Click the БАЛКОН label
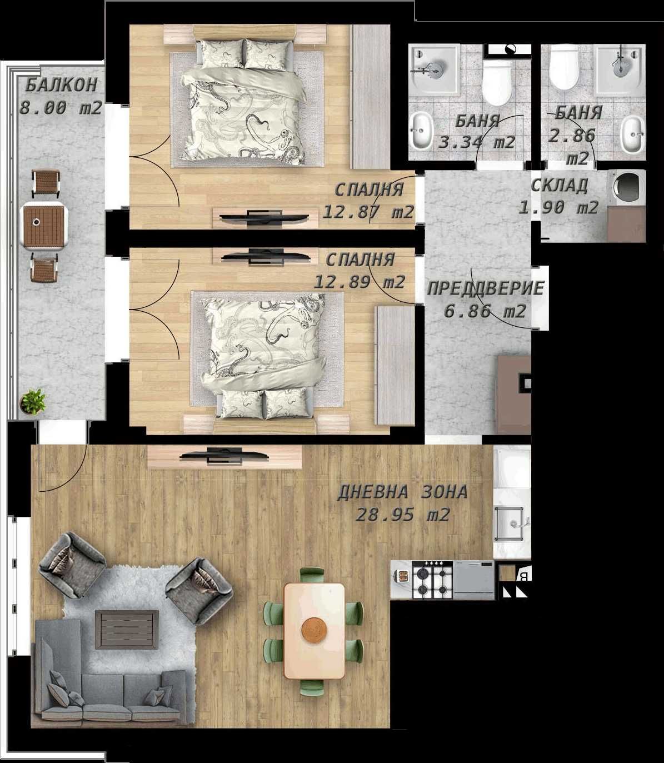point(61,85)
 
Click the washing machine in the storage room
point(627,186)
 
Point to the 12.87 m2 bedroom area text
point(368,212)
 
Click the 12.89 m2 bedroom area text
point(360,282)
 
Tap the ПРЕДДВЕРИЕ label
point(485,288)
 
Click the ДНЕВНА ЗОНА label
point(403,492)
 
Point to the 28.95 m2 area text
point(403,515)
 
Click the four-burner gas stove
point(432,580)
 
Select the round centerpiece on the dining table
point(314,630)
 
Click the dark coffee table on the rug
point(127,629)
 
